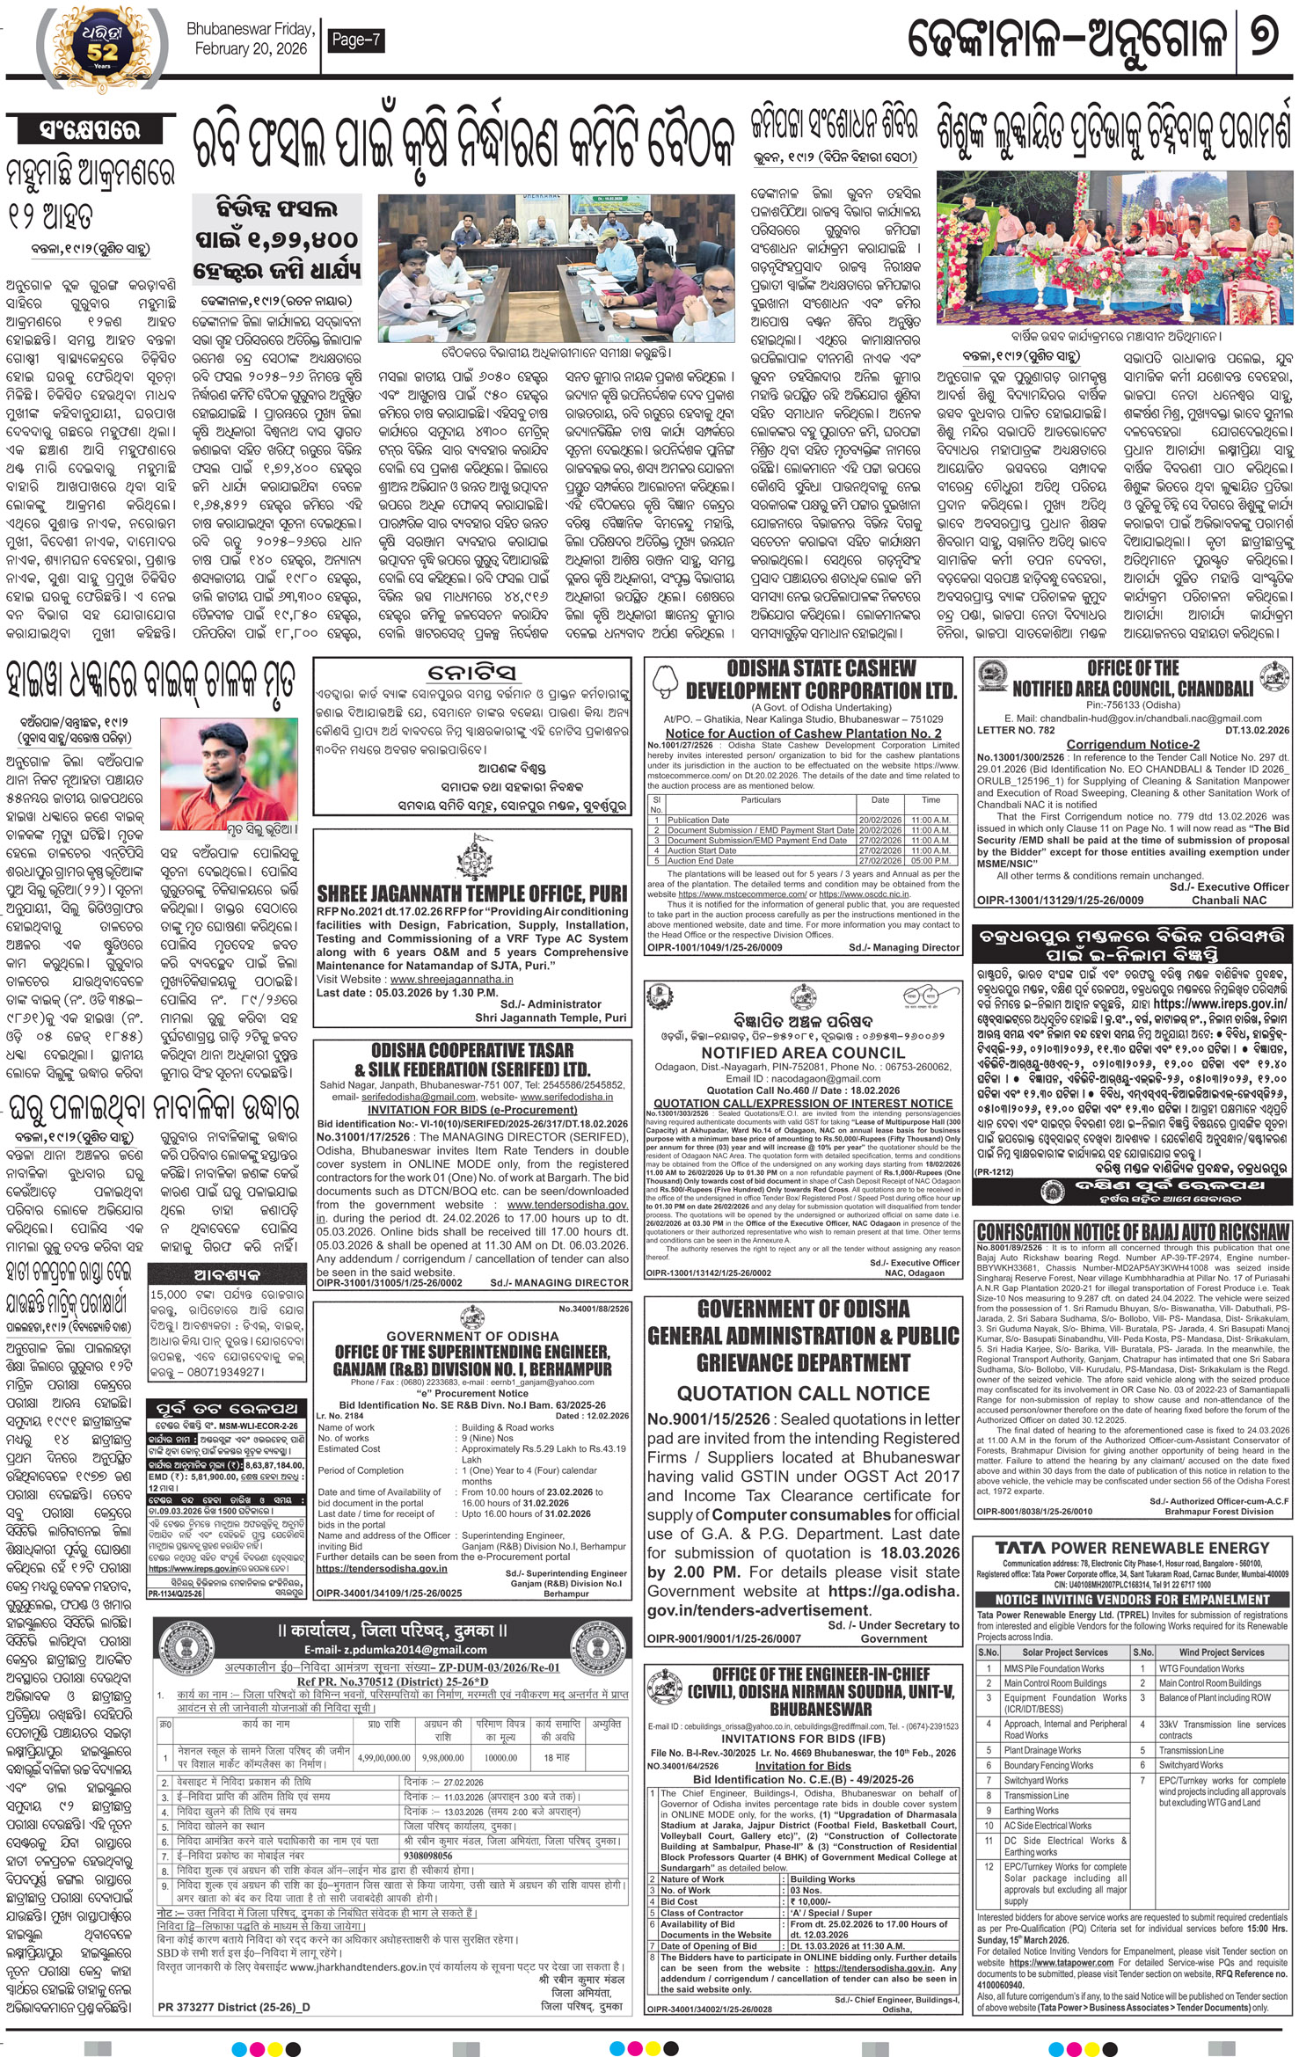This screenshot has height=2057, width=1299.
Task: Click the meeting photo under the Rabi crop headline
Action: [556, 268]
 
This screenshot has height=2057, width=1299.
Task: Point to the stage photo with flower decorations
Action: [1113, 248]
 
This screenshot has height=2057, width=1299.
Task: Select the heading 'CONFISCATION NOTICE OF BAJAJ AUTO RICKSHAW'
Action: [1133, 1232]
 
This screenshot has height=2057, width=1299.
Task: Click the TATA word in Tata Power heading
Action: [1019, 1548]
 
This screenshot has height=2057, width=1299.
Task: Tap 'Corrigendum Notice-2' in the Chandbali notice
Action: [1133, 744]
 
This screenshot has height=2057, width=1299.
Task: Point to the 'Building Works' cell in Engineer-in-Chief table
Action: [821, 1879]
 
